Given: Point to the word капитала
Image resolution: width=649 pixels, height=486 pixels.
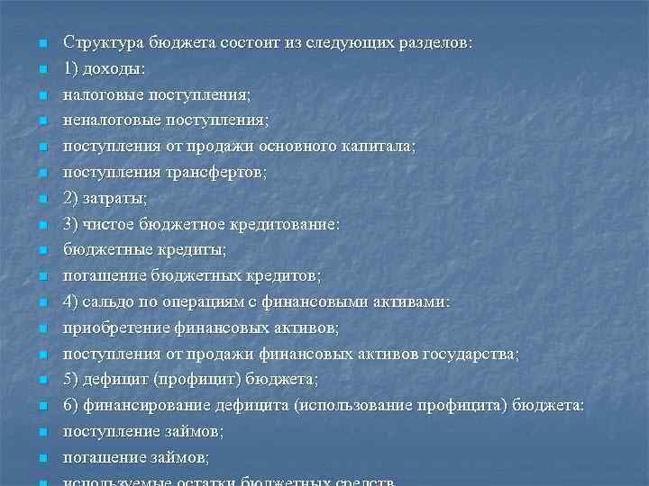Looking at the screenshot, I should (382, 146).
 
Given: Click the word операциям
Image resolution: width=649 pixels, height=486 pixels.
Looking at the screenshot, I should (206, 301).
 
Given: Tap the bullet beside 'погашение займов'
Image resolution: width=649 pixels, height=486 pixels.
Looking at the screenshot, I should (41, 458).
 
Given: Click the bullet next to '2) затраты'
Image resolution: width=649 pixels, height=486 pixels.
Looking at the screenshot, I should (41, 198).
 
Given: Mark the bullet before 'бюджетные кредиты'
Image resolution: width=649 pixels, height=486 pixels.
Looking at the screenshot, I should (41, 250).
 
